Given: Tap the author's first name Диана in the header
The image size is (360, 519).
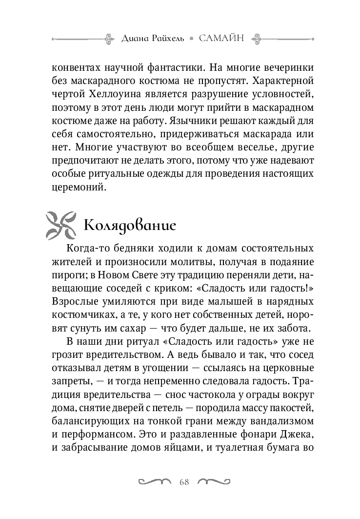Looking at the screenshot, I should pyautogui.click(x=134, y=38).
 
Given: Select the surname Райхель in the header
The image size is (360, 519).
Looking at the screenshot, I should pyautogui.click(x=168, y=38).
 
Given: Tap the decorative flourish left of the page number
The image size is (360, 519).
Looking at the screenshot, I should pyautogui.click(x=156, y=482).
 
